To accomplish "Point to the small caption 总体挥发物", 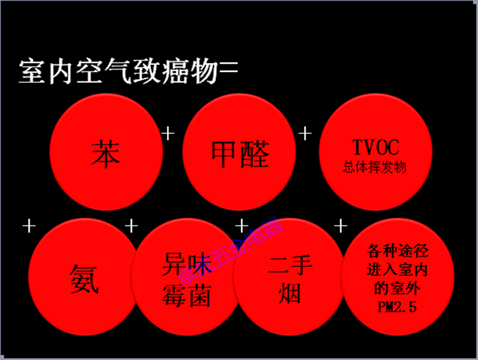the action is [x=375, y=168].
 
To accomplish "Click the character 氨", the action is [x=84, y=279].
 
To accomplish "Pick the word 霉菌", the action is [x=187, y=294].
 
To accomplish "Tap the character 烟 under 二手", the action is [x=290, y=294].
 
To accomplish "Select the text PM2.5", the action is [x=397, y=307].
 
